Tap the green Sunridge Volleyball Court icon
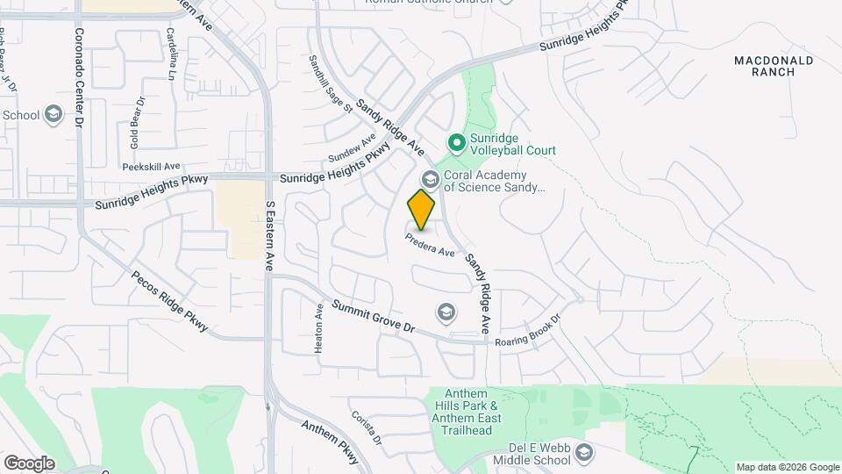(456, 142)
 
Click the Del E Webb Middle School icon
(585, 453)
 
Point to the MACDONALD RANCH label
(773, 66)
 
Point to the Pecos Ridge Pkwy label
(170, 301)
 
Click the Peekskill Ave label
(151, 166)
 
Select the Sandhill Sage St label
(330, 84)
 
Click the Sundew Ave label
(352, 147)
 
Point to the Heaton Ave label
(319, 328)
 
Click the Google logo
(28, 463)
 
